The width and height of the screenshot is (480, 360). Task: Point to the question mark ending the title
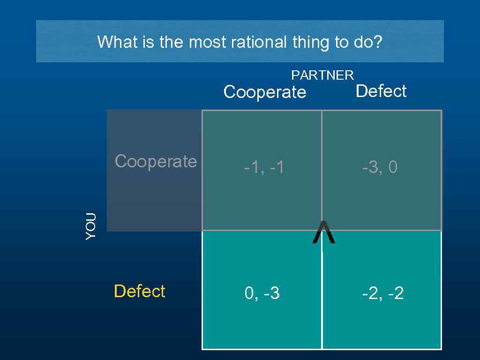tap(378, 43)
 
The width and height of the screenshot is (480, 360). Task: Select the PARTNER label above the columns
tap(322, 75)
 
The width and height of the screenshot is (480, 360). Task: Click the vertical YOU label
tap(91, 226)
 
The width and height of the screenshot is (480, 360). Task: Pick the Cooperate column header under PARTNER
tap(265, 92)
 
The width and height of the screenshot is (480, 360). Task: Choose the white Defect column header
tap(381, 91)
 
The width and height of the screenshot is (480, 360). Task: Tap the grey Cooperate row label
tap(156, 161)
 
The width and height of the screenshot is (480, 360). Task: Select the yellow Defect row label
tap(139, 291)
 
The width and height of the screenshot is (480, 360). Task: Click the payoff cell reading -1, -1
tap(263, 167)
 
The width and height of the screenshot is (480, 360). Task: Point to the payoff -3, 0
tap(380, 167)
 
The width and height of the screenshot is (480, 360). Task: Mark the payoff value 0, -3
tap(262, 294)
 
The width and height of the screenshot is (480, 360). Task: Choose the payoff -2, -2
tap(382, 294)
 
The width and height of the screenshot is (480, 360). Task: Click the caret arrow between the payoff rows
tap(324, 233)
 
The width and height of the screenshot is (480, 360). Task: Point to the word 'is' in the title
tap(149, 43)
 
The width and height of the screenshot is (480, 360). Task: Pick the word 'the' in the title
tap(173, 43)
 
